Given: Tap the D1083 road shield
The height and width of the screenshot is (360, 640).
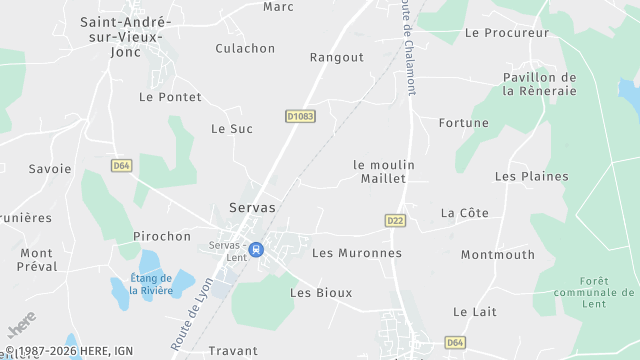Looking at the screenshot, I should coord(299,117).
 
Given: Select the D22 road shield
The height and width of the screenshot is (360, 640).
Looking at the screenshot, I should coord(395,220).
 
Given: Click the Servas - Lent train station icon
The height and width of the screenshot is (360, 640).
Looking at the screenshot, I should coord(257,249).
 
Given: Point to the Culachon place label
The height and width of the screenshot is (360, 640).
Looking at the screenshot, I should coord(245,48).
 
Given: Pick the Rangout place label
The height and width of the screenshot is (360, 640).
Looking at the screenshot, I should coord(337,57).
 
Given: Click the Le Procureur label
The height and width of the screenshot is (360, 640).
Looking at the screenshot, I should coord(508,33).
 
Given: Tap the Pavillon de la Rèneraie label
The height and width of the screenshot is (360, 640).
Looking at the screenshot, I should coord(540,84).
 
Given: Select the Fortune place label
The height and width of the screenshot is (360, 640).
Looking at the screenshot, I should coord(464,123).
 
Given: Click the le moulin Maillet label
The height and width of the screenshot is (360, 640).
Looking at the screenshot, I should coord(383,171).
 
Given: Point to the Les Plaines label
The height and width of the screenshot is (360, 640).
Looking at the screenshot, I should coord(531,176).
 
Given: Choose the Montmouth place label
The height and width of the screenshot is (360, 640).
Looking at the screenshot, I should coord(498,254).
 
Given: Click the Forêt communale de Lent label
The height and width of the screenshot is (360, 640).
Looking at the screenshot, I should coord(607,299).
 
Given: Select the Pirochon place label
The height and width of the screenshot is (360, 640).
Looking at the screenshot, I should coord(162,237).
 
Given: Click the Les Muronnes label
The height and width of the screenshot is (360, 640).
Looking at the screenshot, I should coord(357,253).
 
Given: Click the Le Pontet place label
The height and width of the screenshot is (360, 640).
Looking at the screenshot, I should coord(170,97).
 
